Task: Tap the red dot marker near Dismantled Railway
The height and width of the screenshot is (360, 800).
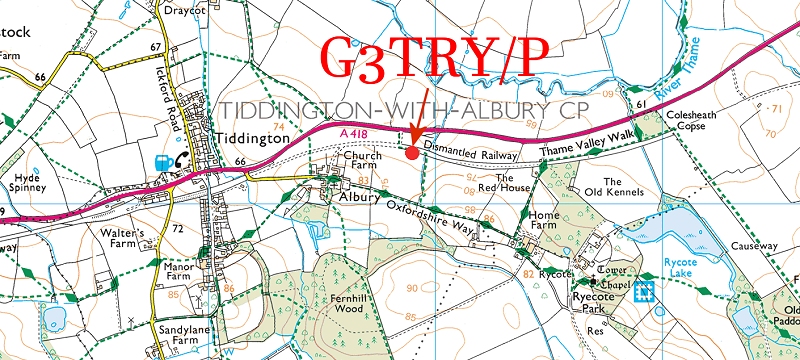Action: click(x=412, y=151)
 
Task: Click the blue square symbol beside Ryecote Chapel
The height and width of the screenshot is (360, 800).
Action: click(x=647, y=291)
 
